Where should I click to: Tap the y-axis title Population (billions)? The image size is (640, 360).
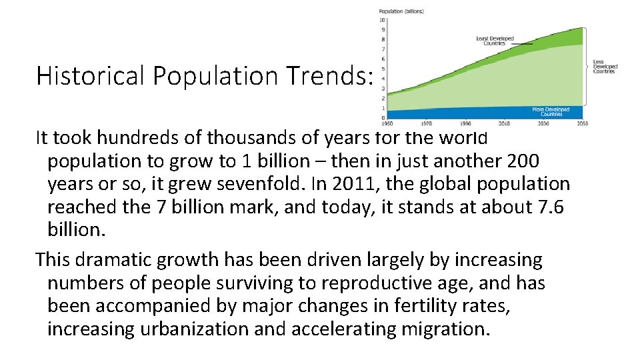point(401,11)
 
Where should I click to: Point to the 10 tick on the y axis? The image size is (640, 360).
point(383,20)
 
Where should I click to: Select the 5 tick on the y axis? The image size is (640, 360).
point(383,69)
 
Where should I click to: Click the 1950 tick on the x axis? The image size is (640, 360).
point(387,123)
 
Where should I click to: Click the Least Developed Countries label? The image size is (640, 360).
point(495,41)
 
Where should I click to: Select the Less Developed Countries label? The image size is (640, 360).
point(605,67)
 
